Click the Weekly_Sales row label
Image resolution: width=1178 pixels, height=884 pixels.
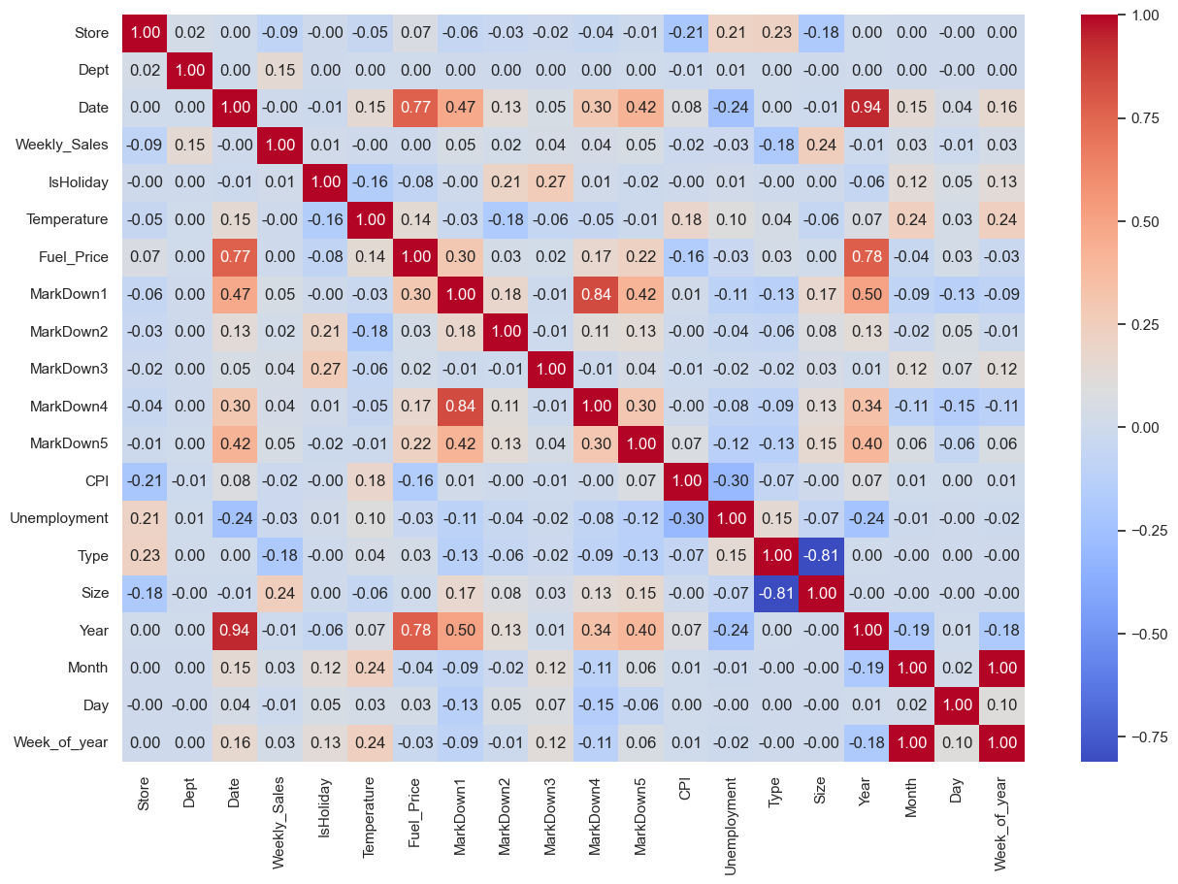point(61,145)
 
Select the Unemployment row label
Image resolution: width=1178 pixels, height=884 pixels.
point(59,518)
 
